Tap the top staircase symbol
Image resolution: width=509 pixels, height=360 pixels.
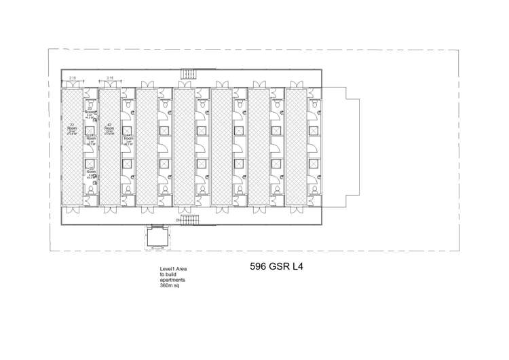click(187, 75)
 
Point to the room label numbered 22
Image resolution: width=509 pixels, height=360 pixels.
click(71, 126)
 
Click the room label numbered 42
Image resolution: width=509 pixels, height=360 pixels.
click(109, 126)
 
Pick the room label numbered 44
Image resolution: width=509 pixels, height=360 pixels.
click(128, 136)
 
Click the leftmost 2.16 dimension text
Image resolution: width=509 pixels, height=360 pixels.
click(73, 79)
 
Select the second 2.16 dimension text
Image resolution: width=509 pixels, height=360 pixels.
click(110, 79)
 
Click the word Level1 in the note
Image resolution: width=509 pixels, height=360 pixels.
click(166, 270)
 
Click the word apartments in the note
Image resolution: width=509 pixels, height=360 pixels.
click(172, 281)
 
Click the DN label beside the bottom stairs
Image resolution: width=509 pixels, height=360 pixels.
click(178, 220)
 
